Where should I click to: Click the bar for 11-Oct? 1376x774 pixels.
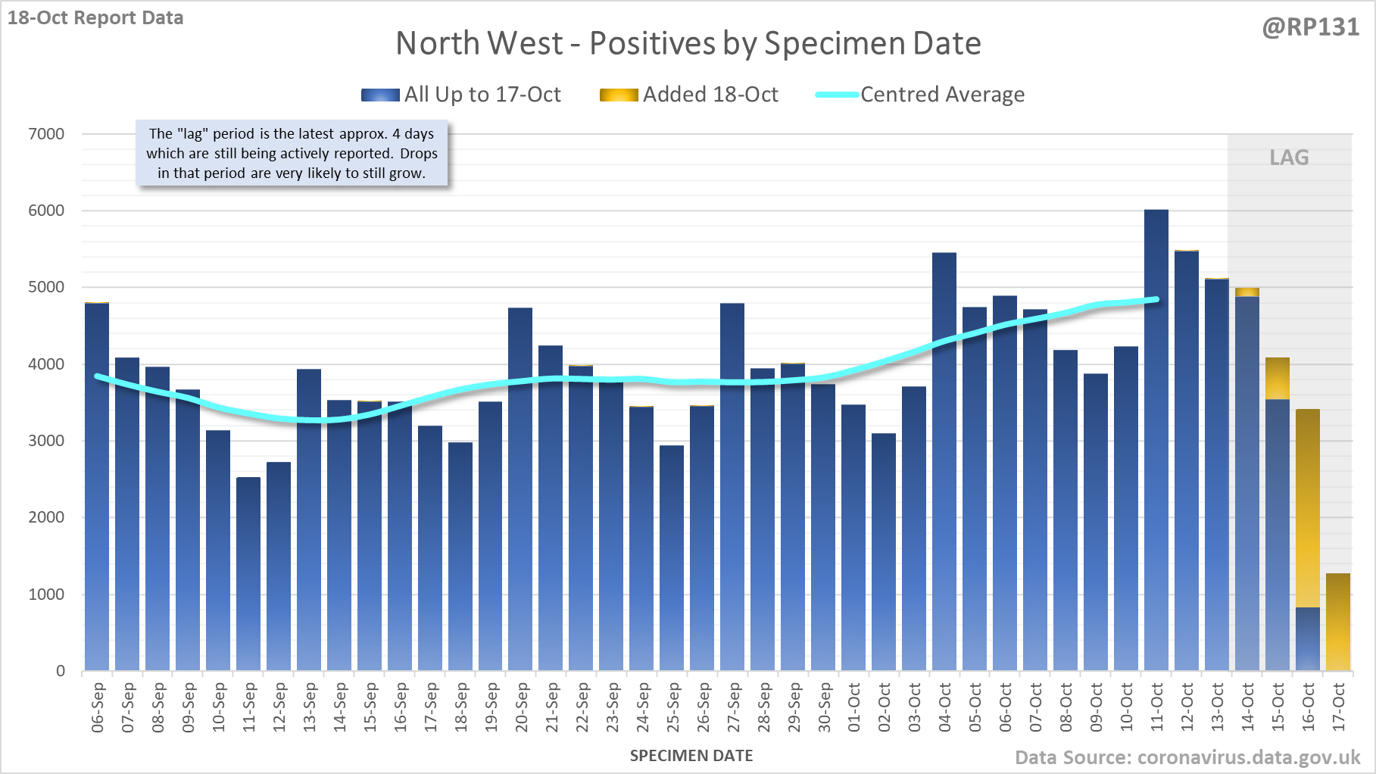click(1156, 439)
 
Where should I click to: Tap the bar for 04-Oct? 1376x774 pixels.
click(944, 461)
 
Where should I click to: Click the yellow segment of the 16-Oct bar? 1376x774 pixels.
click(1308, 507)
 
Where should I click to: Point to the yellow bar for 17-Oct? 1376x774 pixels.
click(1338, 621)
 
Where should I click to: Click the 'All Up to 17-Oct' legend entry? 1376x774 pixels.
click(461, 95)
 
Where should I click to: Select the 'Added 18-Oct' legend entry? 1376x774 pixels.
click(689, 95)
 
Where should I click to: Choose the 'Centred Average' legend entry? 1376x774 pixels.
click(920, 95)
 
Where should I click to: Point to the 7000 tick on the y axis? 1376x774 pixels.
click(46, 134)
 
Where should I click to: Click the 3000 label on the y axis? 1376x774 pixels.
click(46, 441)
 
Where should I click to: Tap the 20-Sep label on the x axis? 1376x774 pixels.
click(522, 707)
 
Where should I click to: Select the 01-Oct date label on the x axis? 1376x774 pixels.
click(854, 707)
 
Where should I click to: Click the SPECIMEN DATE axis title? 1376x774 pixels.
click(691, 756)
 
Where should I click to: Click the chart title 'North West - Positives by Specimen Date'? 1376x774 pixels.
click(688, 43)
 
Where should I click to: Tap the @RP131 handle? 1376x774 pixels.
click(1310, 27)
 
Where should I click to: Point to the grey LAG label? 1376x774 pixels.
click(1289, 158)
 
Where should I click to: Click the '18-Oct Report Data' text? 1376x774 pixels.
click(95, 17)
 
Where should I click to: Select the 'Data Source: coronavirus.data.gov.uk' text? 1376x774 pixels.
click(1187, 757)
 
